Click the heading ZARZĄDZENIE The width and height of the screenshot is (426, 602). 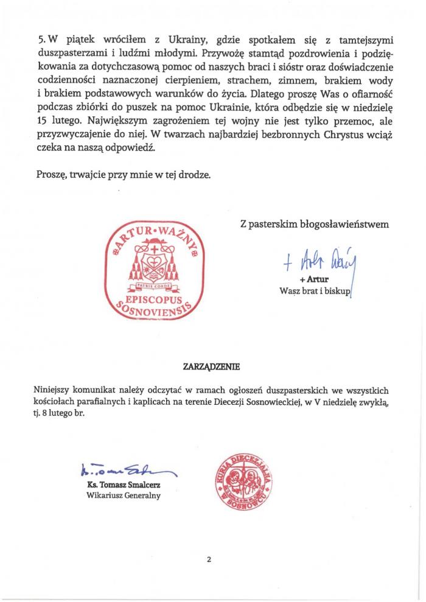212,367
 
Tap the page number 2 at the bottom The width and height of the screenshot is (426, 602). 209,560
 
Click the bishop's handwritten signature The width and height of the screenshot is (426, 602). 323,260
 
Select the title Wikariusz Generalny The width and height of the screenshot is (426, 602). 124,496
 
